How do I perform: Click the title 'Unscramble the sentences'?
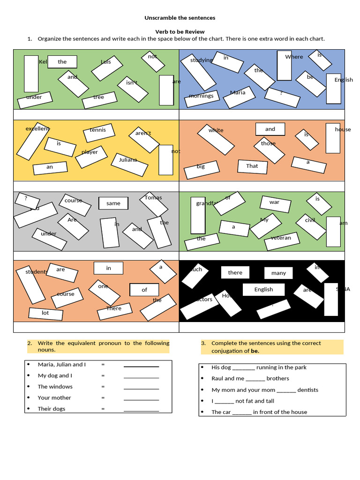coord(180,18)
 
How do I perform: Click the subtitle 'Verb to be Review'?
coord(180,31)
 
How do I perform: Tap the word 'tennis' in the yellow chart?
coord(98,130)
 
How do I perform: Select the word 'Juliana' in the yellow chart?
coord(127,160)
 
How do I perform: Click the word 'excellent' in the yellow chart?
coord(37,128)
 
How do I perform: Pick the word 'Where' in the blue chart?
coord(294,57)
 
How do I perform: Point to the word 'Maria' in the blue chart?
coord(238,92)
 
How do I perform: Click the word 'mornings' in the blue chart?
coord(201,96)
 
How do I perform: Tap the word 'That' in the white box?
coord(252,166)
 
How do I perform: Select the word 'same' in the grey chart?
coord(113,203)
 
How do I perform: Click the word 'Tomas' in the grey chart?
coord(153,197)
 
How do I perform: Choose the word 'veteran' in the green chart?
coord(281,238)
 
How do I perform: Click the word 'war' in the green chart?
coord(274,202)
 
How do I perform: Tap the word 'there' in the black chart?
coord(235,273)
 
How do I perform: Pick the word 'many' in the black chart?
coord(278,273)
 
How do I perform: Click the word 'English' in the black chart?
coord(263,290)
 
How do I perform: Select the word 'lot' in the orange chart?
coord(45,313)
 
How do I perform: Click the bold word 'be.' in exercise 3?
coord(255,351)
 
